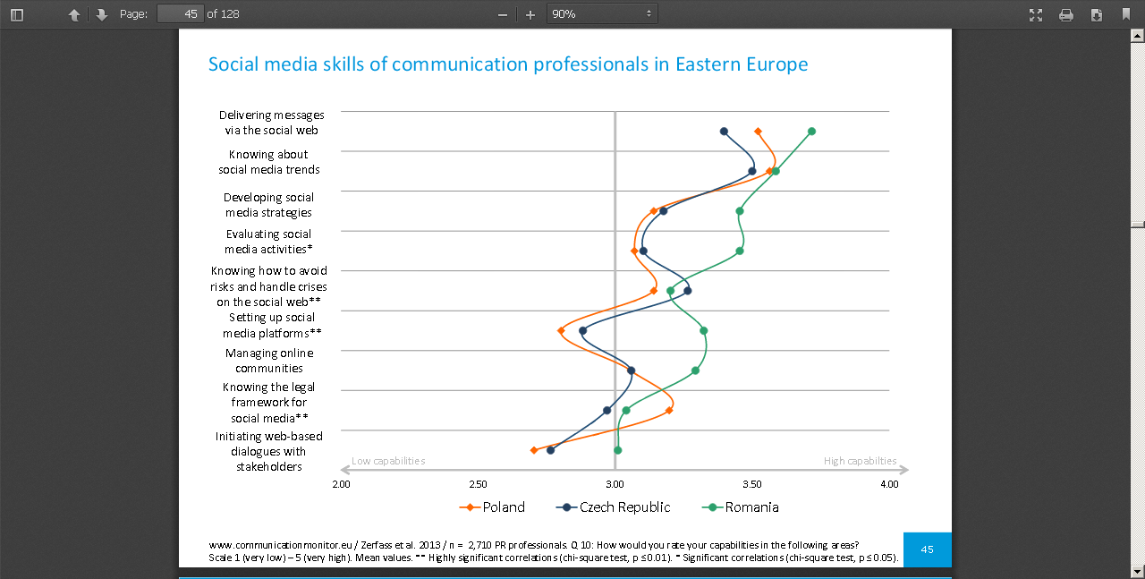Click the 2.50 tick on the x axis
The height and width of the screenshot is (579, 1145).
click(478, 484)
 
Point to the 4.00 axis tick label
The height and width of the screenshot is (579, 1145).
click(889, 484)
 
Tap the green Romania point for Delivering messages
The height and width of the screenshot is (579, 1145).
click(811, 132)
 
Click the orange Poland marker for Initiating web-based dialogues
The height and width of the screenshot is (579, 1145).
click(534, 450)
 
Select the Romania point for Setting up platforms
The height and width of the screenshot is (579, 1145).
click(704, 330)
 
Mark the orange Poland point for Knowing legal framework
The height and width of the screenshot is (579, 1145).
click(669, 410)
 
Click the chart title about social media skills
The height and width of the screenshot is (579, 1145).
click(508, 64)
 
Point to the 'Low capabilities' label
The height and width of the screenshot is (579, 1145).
click(388, 461)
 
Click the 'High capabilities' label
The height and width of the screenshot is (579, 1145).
click(860, 461)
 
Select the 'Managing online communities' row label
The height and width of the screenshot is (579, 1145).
click(269, 361)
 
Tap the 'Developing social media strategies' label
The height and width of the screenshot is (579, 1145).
click(268, 205)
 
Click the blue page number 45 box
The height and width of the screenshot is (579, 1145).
click(927, 549)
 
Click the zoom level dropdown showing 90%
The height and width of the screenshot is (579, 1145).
click(601, 13)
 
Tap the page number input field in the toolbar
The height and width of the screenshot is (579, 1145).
click(180, 13)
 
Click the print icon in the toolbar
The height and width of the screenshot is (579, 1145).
click(1066, 14)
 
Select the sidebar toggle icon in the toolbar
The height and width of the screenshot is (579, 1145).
click(17, 14)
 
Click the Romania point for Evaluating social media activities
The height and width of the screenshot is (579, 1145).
click(740, 251)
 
